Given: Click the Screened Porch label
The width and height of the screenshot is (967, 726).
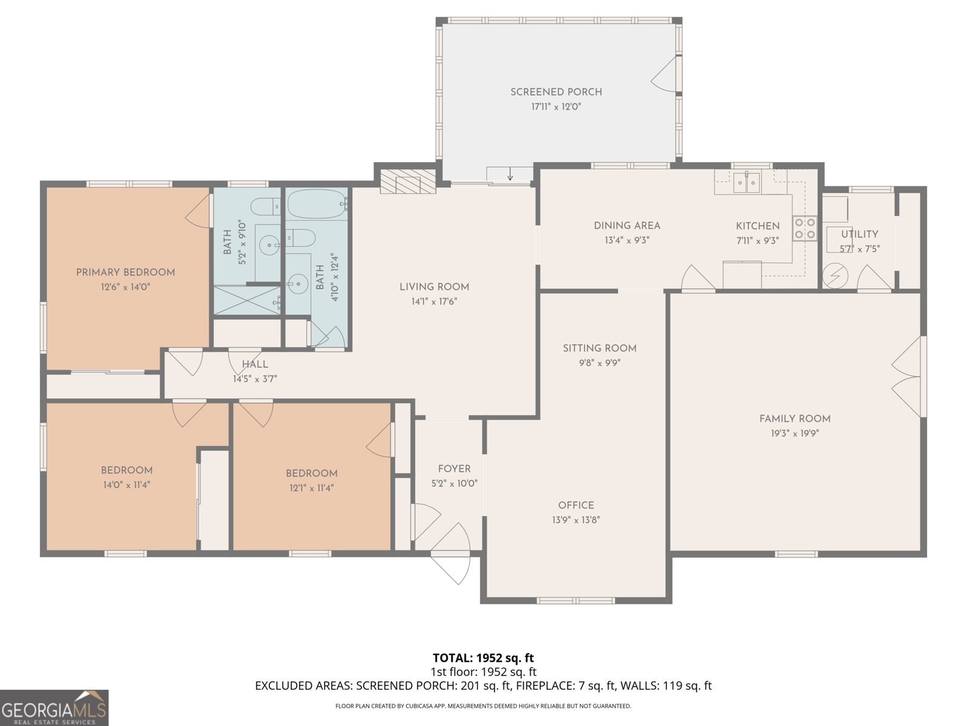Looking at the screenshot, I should (x=556, y=92).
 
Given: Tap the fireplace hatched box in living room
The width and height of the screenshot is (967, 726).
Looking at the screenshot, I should (x=408, y=181).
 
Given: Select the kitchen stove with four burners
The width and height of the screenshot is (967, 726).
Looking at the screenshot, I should (x=805, y=228).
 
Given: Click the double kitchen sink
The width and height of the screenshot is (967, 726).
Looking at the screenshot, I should (x=748, y=182).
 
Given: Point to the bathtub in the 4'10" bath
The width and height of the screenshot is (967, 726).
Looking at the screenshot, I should (x=316, y=204).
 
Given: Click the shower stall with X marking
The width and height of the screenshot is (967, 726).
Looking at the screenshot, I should (x=246, y=300).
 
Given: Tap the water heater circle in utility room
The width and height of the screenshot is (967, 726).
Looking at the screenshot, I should (x=835, y=276).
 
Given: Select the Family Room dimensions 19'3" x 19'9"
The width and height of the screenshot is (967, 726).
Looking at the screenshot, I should (x=795, y=433).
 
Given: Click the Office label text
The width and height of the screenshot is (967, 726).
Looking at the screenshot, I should (x=576, y=505).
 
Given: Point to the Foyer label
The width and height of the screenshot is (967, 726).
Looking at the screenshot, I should (x=454, y=469).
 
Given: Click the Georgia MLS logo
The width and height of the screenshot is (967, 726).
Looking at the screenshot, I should (x=54, y=708).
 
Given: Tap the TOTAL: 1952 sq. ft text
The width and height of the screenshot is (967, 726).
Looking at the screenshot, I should (x=483, y=658).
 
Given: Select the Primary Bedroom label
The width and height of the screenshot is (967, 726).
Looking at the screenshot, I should (x=125, y=272).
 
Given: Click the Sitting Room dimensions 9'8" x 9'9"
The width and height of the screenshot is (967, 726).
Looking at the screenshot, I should (x=599, y=363).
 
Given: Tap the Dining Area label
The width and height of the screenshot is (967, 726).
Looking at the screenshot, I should (x=627, y=226).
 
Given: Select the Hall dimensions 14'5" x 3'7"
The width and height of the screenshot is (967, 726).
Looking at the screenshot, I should (x=254, y=379).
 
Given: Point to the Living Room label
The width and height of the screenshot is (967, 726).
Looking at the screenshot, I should (x=434, y=287).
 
